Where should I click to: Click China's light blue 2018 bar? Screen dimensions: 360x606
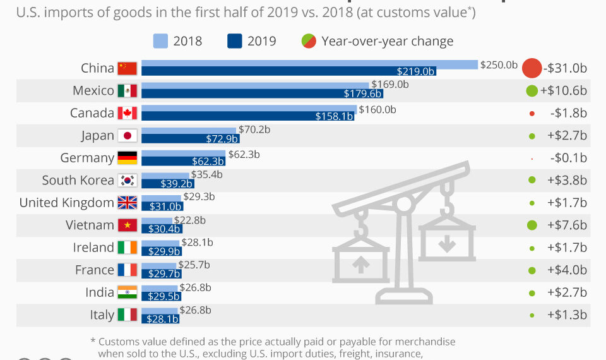pos(309,64)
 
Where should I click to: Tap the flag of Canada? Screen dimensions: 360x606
pos(127,113)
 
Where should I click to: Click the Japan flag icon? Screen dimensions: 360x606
pos(127,136)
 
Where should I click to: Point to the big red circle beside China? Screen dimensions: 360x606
pos(532,68)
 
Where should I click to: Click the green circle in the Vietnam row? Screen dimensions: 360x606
pos(532,225)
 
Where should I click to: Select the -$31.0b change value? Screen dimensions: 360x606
pos(565,68)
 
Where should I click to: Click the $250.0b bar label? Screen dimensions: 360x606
pos(499,64)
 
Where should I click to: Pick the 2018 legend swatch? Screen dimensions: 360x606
pos(160,41)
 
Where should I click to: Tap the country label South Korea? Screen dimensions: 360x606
pos(78,180)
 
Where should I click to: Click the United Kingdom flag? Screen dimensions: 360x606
pos(127,203)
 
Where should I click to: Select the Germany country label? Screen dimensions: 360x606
pos(87,158)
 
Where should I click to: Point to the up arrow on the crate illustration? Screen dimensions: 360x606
pos(360,265)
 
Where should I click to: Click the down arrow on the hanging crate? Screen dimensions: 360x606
pos(447,244)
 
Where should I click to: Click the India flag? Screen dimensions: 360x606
pos(127,292)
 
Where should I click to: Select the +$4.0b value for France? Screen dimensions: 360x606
pos(567,270)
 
